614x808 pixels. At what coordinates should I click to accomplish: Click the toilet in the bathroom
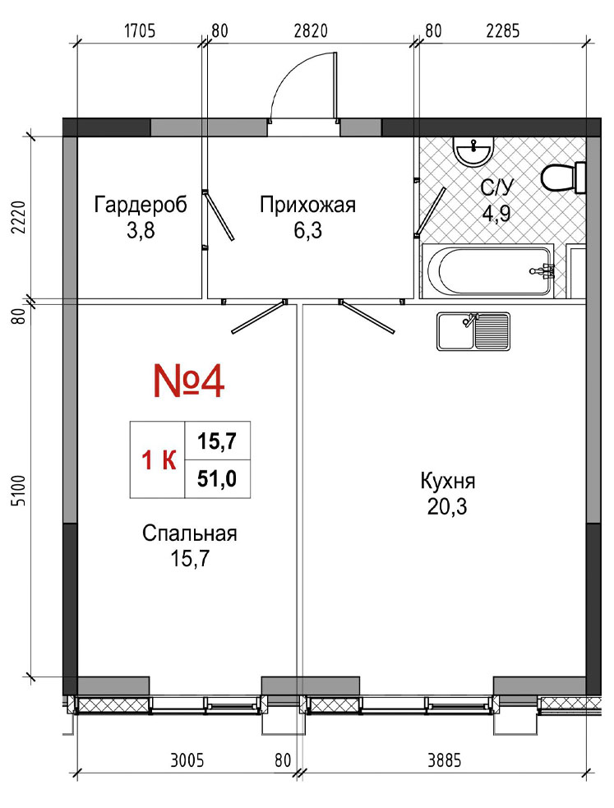point(564,178)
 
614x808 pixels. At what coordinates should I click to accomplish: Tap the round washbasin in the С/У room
point(473,151)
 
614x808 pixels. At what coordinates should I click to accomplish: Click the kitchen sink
point(473,331)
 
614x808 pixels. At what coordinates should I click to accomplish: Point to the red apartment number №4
point(189,381)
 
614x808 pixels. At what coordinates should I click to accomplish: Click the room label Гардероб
point(141,205)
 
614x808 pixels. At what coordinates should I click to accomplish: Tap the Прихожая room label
point(307,205)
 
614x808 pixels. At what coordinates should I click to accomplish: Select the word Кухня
point(448,482)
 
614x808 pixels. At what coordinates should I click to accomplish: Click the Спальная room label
point(190,533)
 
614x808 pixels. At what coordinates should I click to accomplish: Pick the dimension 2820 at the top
point(311,31)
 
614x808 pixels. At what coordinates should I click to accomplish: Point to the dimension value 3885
point(444,760)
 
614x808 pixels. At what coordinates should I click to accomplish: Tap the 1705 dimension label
point(140,31)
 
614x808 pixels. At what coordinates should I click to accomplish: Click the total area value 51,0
point(217,479)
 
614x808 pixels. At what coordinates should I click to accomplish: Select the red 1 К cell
point(158,460)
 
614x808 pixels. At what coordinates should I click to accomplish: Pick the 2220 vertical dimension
point(18,218)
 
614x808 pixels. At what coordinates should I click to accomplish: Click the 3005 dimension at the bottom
point(187,760)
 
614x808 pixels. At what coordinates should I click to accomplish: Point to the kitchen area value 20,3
point(446,507)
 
